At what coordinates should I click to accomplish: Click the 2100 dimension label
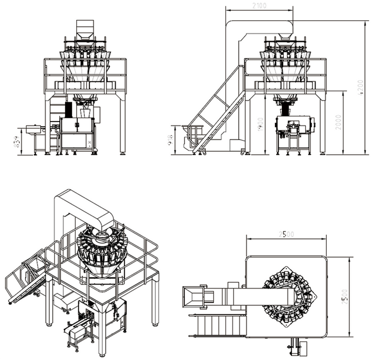pyautogui.click(x=259, y=6)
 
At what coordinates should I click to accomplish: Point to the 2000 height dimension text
pyautogui.click(x=339, y=123)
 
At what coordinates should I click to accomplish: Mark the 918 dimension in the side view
pyautogui.click(x=171, y=140)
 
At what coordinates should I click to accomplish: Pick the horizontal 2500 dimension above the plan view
pyautogui.click(x=285, y=234)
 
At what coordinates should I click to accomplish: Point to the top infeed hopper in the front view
pyautogui.click(x=85, y=29)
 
